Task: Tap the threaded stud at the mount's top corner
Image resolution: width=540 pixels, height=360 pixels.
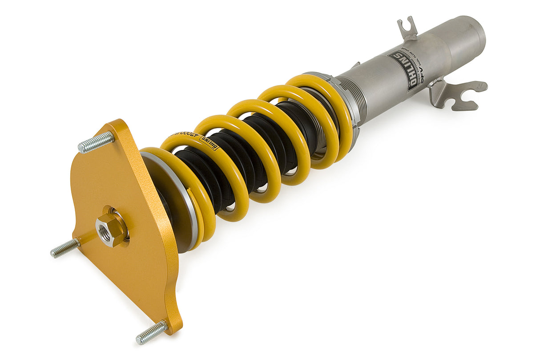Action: pos(96,142)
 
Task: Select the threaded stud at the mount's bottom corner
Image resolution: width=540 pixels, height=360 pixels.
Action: pos(152,332)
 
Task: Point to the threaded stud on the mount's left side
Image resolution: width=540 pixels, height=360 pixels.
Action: pos(65,248)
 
